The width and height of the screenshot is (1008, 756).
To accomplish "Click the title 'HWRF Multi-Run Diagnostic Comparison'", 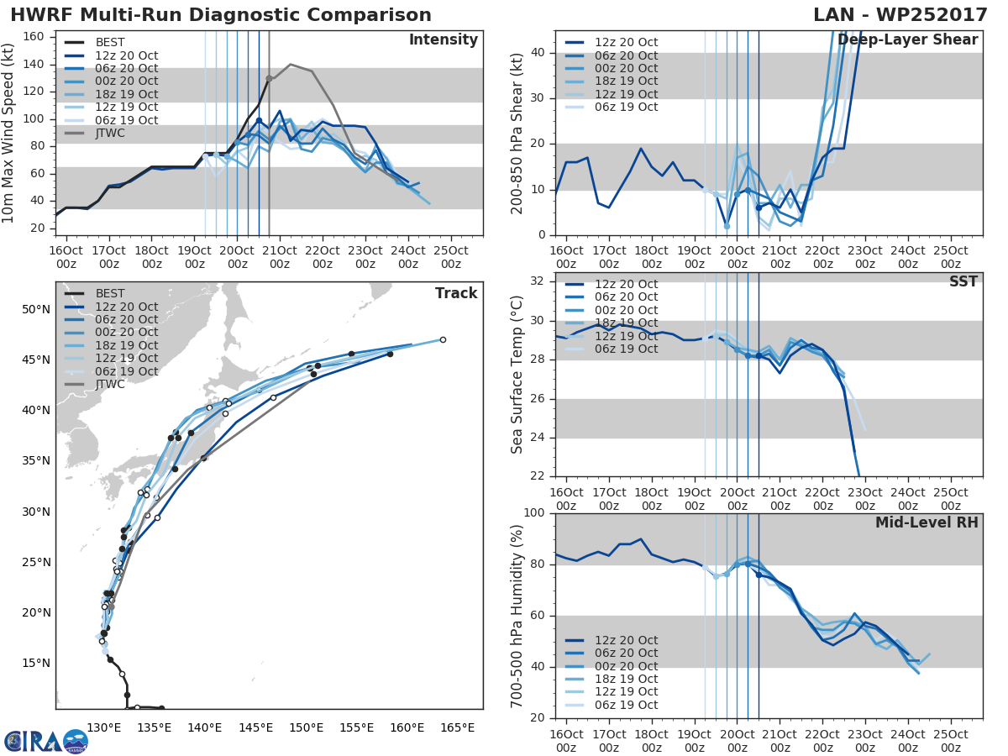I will coord(221,15).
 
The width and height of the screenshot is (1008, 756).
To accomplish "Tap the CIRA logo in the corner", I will coord(45,741).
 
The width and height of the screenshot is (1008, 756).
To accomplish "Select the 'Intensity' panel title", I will coord(443,40).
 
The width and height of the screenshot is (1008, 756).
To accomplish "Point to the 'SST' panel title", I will coord(964,281).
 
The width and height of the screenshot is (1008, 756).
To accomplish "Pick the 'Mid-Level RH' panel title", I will coord(927,523).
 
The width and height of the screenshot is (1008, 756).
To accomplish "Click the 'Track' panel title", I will coord(456,293).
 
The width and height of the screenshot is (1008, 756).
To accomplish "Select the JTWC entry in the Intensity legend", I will coord(110,134).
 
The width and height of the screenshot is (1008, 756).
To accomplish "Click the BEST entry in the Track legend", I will coord(110,294).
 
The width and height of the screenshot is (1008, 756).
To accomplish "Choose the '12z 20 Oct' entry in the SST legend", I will coord(626,284).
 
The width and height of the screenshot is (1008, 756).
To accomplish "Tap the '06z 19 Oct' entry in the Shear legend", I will coord(626,107).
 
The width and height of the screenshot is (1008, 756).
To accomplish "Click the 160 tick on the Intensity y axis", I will coord(37,37).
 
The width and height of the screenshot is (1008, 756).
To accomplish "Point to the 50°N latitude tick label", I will coord(36,309).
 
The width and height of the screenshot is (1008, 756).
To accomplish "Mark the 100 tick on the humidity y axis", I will coord(535,512).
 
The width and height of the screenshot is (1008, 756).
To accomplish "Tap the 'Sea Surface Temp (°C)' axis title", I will coord(517,375).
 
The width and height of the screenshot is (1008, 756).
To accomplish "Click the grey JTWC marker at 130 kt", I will coord(269,78).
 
